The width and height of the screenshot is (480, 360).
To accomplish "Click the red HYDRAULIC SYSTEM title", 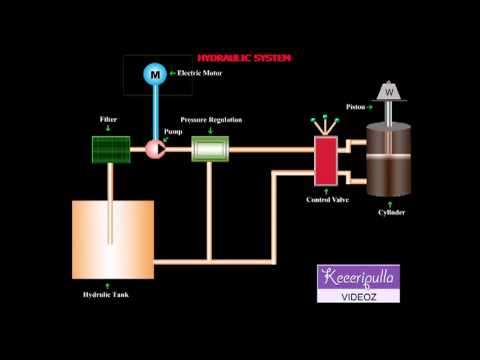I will [245, 59].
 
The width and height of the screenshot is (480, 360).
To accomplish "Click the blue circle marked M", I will [154, 73].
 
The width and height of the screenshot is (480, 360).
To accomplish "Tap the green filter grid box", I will [109, 149].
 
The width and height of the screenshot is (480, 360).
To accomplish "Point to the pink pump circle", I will [155, 149].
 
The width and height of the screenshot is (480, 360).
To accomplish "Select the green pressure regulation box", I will [211, 150].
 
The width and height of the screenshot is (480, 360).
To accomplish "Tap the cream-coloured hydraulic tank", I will [113, 238].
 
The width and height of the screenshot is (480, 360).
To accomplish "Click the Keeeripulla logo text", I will [357, 277].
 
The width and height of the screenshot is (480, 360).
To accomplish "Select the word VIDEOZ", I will [357, 295].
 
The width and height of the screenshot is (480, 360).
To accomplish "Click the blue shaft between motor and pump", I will [155, 110].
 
